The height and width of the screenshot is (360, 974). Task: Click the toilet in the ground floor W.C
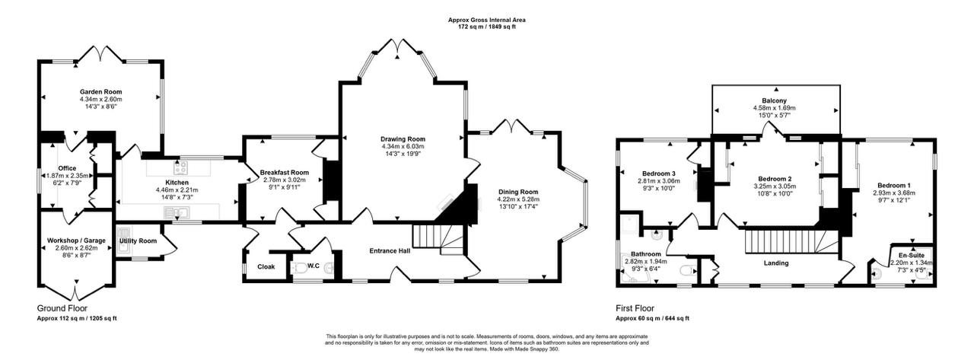(x=301, y=267)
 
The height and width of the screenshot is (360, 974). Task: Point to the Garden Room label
(x=101, y=91)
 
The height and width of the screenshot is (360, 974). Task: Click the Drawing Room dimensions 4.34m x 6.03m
(x=403, y=147)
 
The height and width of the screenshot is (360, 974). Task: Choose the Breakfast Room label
(x=284, y=173)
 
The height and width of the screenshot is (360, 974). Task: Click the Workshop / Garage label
(x=75, y=241)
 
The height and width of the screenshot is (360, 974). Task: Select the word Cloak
(x=266, y=267)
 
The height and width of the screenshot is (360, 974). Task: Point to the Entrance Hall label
(x=391, y=251)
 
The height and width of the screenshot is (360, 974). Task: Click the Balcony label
(x=775, y=100)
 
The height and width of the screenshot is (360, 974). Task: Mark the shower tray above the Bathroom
(x=631, y=225)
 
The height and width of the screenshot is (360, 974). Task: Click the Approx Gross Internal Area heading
(x=487, y=20)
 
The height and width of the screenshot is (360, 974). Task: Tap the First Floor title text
(x=635, y=309)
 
